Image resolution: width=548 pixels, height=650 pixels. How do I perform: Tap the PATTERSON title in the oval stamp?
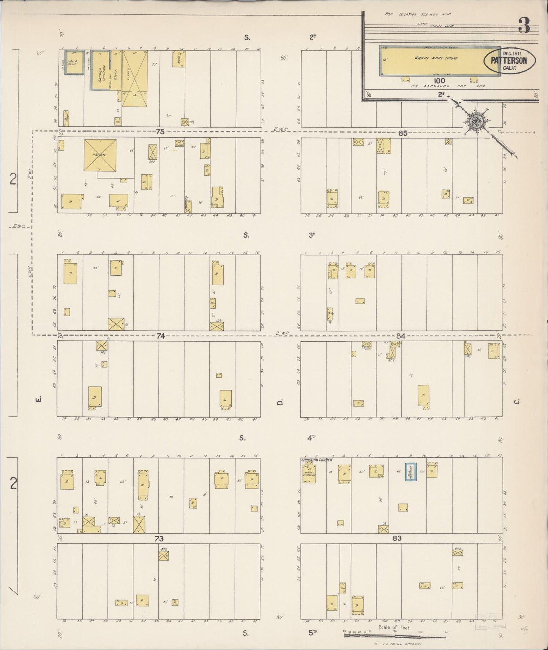coord(508,60)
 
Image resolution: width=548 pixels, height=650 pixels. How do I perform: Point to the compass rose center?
coord(474,122)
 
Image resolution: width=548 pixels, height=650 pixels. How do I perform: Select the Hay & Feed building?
coord(72,62)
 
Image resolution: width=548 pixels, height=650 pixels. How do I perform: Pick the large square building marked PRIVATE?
coord(100,155)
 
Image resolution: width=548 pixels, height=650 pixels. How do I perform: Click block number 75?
coord(160,132)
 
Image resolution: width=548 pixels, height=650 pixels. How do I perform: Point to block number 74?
coord(161,336)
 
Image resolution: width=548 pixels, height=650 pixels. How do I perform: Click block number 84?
coord(401,336)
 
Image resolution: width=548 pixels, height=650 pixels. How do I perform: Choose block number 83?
coord(397,539)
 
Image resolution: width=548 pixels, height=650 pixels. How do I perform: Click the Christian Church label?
coord(316,460)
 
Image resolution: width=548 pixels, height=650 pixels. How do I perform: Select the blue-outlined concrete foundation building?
coord(411,472)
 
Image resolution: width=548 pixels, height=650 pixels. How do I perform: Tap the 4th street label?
coord(312,438)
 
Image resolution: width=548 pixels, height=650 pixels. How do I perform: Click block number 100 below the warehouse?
coord(440,81)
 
